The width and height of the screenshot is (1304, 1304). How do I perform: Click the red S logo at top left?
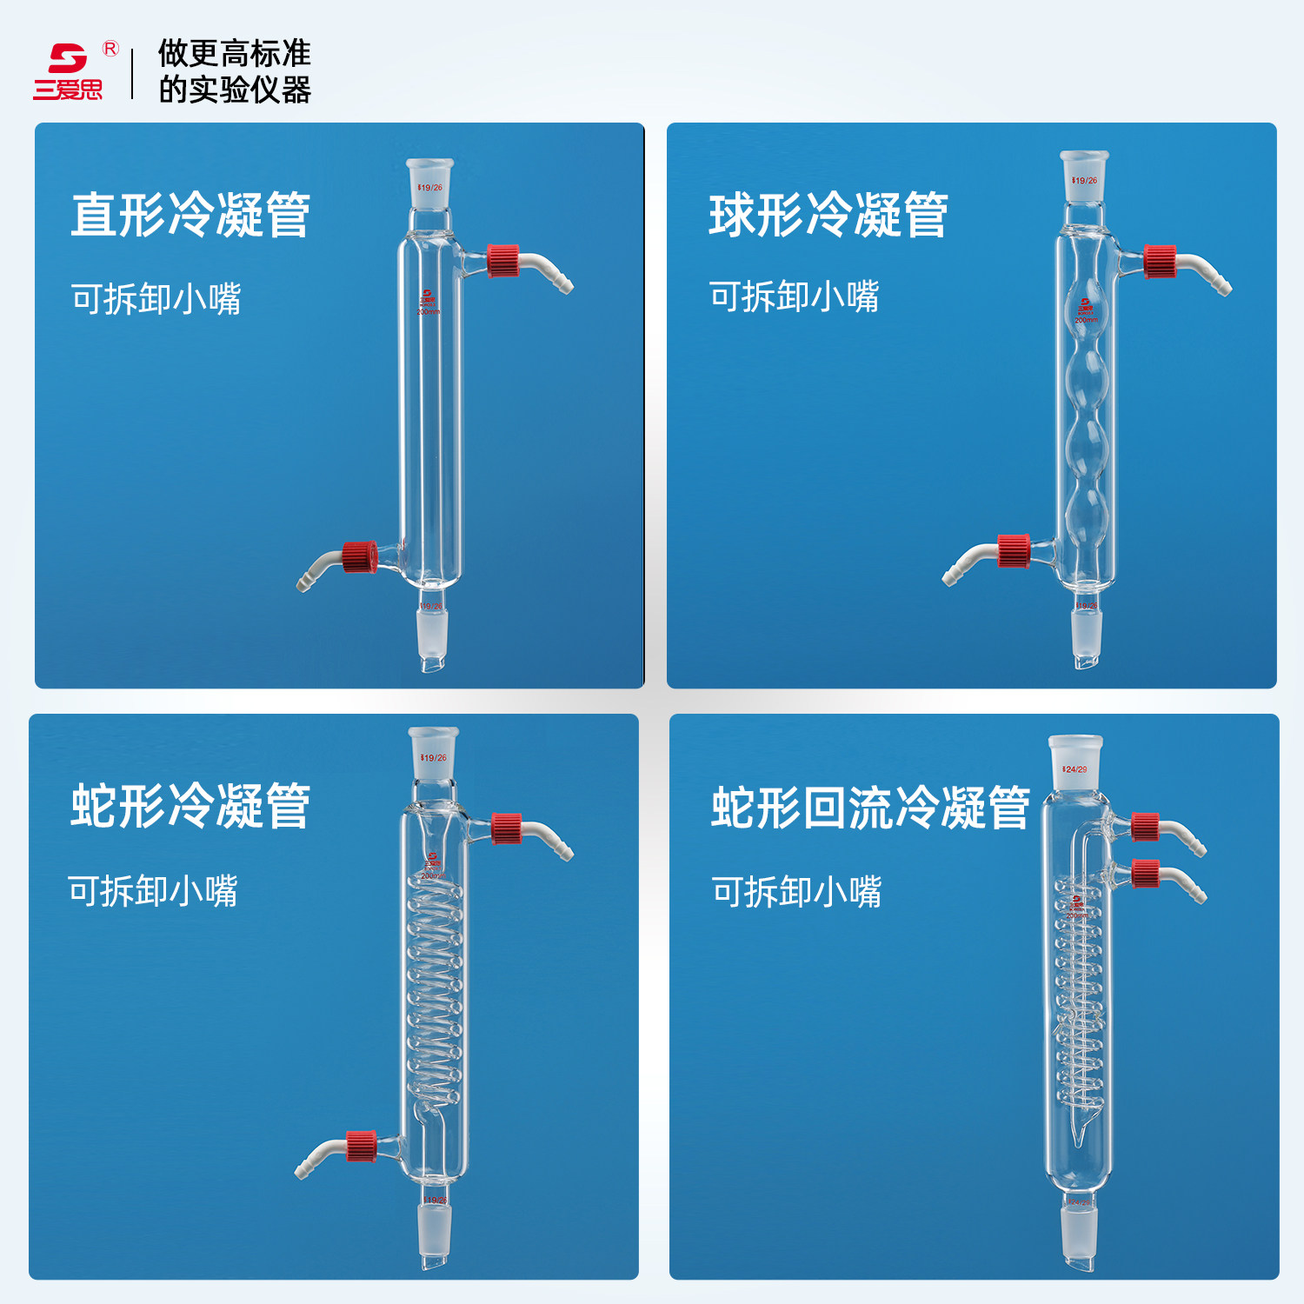[x=68, y=59]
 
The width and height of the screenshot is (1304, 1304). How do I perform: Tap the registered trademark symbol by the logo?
[x=110, y=49]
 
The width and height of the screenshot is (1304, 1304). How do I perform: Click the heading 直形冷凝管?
[x=190, y=216]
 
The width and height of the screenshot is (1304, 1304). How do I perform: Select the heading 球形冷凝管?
[x=828, y=216]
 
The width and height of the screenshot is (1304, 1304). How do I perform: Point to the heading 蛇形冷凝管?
[x=190, y=806]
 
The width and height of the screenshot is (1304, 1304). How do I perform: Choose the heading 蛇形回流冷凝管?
[x=870, y=808]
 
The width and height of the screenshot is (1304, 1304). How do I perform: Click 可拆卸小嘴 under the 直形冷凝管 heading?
[x=156, y=299]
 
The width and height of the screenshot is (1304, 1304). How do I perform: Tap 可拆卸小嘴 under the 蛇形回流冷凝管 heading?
[x=796, y=892]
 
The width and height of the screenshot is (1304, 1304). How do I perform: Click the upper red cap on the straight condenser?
[x=503, y=261]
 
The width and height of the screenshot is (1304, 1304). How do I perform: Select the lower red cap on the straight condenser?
[x=359, y=557]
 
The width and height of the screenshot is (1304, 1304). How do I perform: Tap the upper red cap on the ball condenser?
[x=1160, y=262]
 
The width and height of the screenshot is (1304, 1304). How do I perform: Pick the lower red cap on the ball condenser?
[x=1014, y=551]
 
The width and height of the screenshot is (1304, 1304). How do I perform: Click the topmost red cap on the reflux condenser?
[x=1146, y=827]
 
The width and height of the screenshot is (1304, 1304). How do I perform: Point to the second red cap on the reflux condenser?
[x=1146, y=874]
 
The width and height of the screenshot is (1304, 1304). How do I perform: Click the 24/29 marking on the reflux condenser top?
[x=1075, y=769]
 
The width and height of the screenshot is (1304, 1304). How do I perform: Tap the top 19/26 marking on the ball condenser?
[x=1085, y=181]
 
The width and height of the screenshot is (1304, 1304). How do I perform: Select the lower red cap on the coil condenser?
[x=361, y=1146]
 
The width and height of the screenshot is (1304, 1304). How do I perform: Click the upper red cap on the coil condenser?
[x=506, y=828]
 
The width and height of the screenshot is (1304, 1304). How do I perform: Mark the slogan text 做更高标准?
[x=234, y=54]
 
